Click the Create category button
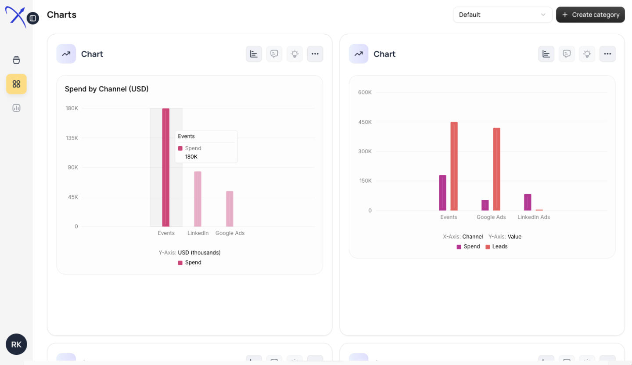pyautogui.click(x=590, y=14)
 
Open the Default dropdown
pyautogui.click(x=503, y=14)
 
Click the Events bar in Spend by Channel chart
pyautogui.click(x=166, y=167)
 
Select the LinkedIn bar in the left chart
pyautogui.click(x=198, y=199)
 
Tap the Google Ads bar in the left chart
pyautogui.click(x=230, y=209)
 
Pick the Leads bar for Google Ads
pyautogui.click(x=496, y=169)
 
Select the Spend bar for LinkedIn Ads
pyautogui.click(x=528, y=202)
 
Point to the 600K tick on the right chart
pyautogui.click(x=365, y=92)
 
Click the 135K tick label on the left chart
pyautogui.click(x=72, y=138)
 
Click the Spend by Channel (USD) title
pyautogui.click(x=107, y=89)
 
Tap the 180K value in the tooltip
pyautogui.click(x=191, y=156)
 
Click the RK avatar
pyautogui.click(x=16, y=344)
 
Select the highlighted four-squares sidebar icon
pyautogui.click(x=16, y=84)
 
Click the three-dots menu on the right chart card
pyautogui.click(x=607, y=54)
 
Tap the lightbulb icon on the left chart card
pyautogui.click(x=294, y=54)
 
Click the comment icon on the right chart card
pyautogui.click(x=567, y=54)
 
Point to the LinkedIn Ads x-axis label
pyautogui.click(x=533, y=217)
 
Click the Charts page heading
pyautogui.click(x=61, y=14)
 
